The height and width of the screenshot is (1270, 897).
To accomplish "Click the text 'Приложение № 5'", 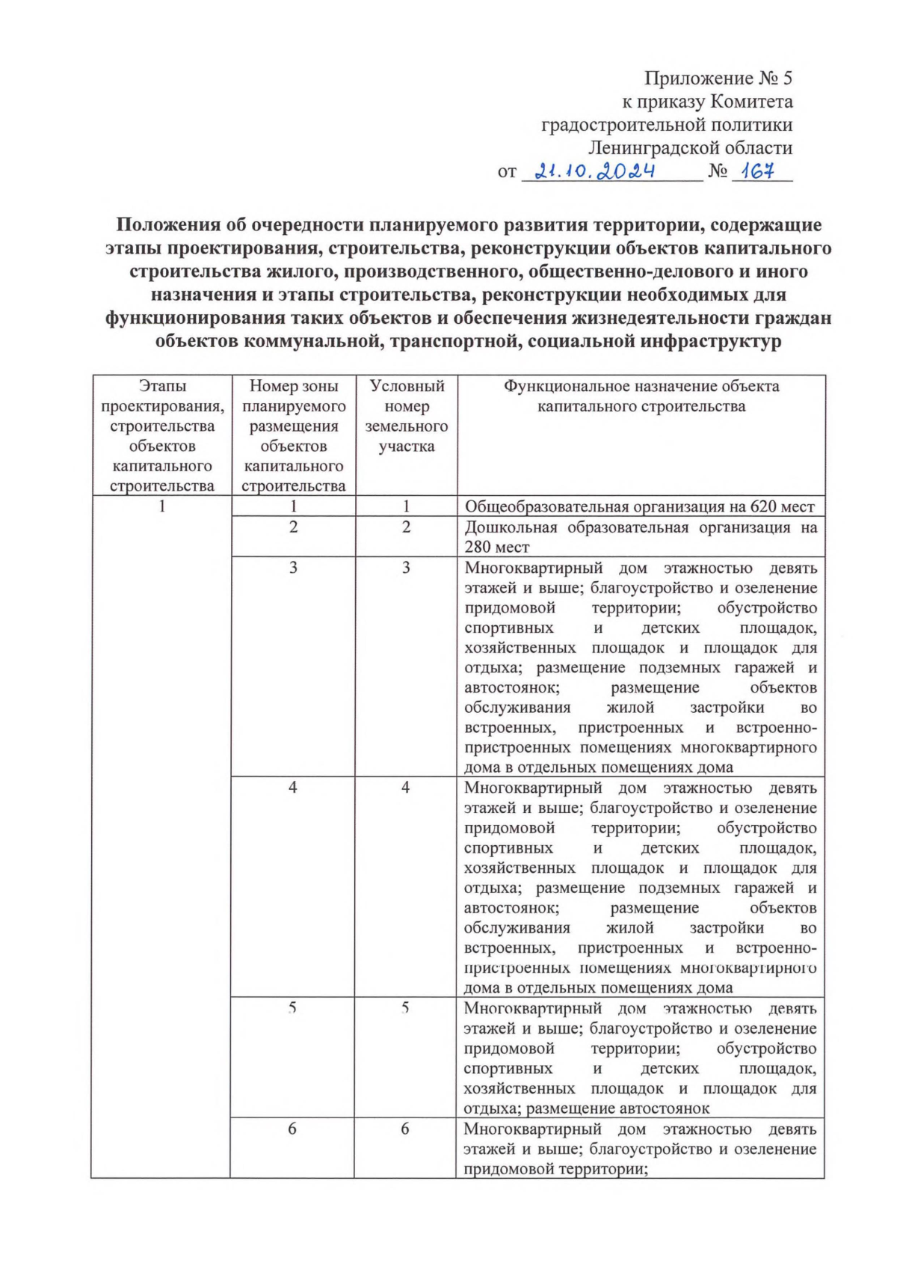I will (718, 78).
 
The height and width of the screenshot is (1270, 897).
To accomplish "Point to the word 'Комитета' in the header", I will (751, 101).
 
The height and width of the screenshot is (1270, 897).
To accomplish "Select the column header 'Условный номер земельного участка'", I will (406, 416).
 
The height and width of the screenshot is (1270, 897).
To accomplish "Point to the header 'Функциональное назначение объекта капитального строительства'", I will (641, 396).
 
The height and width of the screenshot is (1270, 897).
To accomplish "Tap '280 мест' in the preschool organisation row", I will (496, 547).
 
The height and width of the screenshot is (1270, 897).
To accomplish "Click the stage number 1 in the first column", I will (161, 506).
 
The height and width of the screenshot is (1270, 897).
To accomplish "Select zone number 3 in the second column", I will (293, 568).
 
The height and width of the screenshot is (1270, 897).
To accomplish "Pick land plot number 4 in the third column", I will (405, 788).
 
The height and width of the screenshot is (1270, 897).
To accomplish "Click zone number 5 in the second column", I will (292, 1007).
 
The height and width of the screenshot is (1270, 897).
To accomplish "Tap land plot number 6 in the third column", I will (404, 1129).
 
